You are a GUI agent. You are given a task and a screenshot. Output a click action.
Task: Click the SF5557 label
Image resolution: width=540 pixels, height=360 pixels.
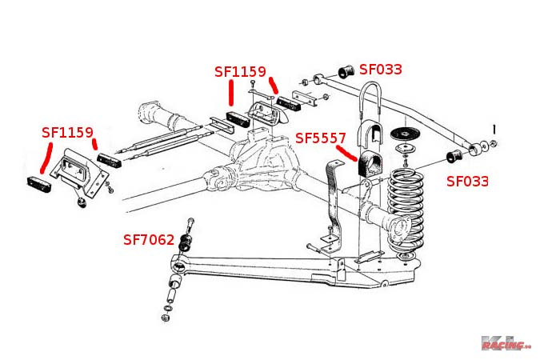click(321, 138)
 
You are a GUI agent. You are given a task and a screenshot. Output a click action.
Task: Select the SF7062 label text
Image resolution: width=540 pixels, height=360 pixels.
click(149, 238)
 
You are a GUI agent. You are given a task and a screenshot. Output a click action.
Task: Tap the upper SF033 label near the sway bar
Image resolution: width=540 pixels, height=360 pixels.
click(381, 70)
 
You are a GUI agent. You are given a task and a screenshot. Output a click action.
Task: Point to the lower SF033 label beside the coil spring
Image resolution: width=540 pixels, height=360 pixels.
click(467, 181)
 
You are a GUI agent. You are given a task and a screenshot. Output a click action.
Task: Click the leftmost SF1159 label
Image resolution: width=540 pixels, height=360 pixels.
click(68, 131)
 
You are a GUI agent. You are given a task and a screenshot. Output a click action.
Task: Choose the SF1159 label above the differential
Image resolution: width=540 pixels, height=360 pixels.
click(240, 71)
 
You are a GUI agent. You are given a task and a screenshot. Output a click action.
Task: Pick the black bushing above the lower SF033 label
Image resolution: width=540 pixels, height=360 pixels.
click(451, 154)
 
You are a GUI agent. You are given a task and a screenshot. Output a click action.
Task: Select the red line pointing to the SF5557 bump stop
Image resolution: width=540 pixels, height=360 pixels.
click(345, 153)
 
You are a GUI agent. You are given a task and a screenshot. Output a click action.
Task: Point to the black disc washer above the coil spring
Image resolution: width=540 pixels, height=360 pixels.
click(408, 134)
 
